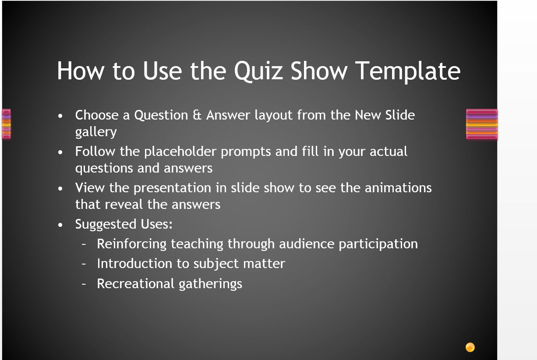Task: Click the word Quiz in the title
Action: pos(258,71)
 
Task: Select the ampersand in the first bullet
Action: pos(197,115)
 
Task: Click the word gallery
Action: pos(96,132)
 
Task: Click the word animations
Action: pos(398,187)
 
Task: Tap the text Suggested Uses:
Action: pos(124,225)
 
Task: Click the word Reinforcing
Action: pos(131,244)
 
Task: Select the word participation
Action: pos(378,244)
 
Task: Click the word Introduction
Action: pos(134,263)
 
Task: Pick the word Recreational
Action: pos(135,283)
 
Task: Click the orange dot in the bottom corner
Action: pos(470,347)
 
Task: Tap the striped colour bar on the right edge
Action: pos(482,124)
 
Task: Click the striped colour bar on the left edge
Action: pos(7,124)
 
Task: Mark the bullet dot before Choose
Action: pos(60,116)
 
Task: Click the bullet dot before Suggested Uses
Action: pos(60,225)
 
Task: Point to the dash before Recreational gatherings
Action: pos(84,284)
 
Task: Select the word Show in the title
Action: pos(319,71)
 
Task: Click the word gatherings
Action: pos(210,284)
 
